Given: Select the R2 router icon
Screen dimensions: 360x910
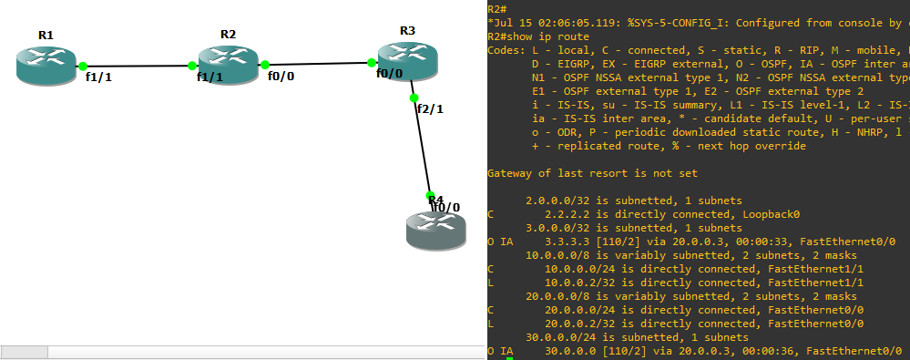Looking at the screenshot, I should (228, 62).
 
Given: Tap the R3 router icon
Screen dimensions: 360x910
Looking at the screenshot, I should (407, 59).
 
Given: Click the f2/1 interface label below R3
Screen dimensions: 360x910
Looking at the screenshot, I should (429, 108).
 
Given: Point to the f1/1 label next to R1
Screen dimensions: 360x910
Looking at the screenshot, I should (98, 77).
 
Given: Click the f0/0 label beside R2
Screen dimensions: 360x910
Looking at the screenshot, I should (281, 77).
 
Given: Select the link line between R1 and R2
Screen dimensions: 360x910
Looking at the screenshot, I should (137, 66).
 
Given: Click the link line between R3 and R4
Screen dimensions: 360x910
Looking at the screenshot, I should (422, 146).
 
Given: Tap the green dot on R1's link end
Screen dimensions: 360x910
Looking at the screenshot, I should (83, 66).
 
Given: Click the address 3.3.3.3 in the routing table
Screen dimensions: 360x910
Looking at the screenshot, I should (570, 242).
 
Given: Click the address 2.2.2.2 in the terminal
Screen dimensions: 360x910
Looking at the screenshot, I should (570, 214).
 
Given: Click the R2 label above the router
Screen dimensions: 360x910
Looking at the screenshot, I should (228, 34).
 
